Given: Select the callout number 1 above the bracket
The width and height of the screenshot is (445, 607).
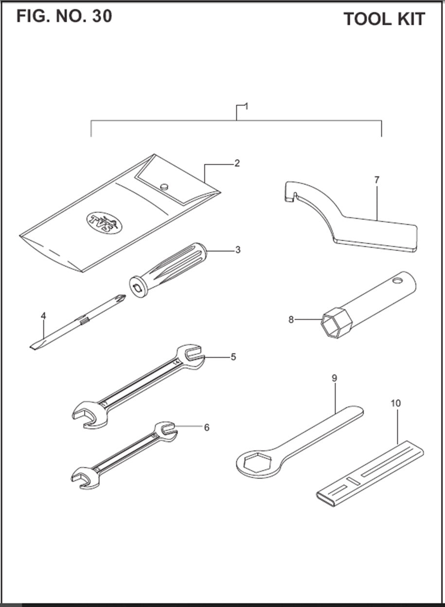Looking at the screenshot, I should pyautogui.click(x=246, y=107).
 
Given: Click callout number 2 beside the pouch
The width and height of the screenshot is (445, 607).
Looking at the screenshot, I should pyautogui.click(x=237, y=163).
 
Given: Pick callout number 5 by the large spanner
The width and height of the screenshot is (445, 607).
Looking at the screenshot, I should pyautogui.click(x=233, y=357).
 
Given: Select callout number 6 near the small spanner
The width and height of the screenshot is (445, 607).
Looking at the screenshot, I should pyautogui.click(x=207, y=428).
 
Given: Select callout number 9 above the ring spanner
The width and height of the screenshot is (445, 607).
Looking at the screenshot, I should pyautogui.click(x=335, y=378).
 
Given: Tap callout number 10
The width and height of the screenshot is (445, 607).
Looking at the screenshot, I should pyautogui.click(x=395, y=403).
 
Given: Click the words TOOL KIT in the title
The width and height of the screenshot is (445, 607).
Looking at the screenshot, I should pyautogui.click(x=384, y=19).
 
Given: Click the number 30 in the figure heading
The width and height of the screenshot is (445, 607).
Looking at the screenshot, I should pyautogui.click(x=101, y=16).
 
